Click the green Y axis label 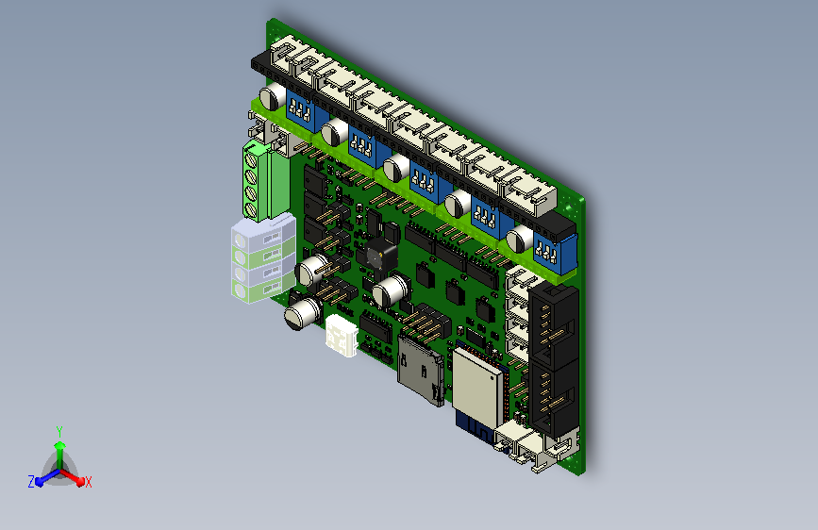[x=59, y=431]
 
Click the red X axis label [x=88, y=482]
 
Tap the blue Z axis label [x=31, y=482]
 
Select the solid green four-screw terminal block [x=265, y=180]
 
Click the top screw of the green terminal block [x=251, y=157]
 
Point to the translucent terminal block [x=263, y=258]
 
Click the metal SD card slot [x=421, y=371]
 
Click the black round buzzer [x=381, y=255]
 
